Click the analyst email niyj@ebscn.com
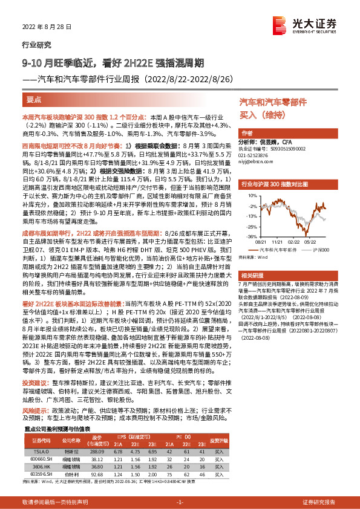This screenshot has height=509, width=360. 252,161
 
